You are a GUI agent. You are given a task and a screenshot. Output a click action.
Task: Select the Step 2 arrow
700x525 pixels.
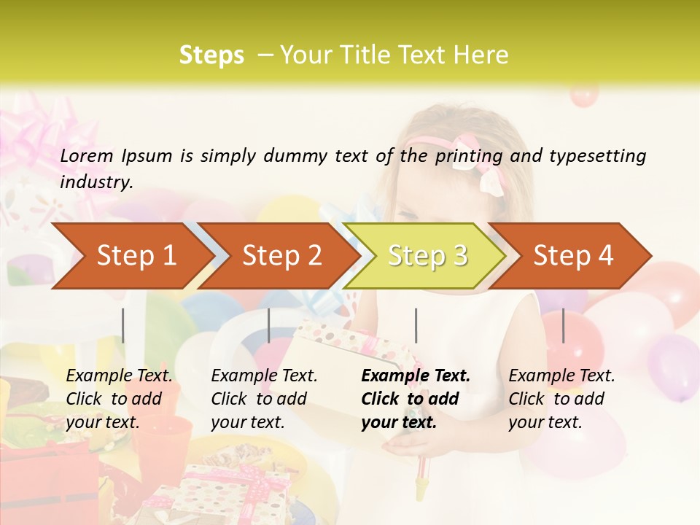click(281, 256)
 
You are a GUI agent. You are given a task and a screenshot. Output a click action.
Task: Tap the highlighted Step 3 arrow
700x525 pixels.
click(427, 256)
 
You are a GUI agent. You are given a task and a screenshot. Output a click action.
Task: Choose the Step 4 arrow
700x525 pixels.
click(573, 256)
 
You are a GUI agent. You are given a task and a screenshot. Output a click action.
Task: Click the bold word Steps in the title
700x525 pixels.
click(211, 55)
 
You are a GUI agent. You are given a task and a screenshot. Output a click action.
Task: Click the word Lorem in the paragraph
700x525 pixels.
click(87, 155)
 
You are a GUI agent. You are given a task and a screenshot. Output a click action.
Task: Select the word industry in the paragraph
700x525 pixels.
click(96, 182)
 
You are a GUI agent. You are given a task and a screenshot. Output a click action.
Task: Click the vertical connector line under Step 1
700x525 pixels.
click(123, 325)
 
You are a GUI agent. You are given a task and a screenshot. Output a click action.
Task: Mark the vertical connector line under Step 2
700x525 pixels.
click(269, 325)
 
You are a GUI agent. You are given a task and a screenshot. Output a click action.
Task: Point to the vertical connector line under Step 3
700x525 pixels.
click(416, 325)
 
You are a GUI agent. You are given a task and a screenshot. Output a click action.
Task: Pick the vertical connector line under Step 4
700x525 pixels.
click(563, 325)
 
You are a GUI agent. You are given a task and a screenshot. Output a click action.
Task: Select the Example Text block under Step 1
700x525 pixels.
click(119, 399)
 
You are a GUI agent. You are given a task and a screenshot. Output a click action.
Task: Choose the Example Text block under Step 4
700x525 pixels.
click(561, 399)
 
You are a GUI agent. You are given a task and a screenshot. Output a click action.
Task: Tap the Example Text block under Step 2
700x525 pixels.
click(264, 399)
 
